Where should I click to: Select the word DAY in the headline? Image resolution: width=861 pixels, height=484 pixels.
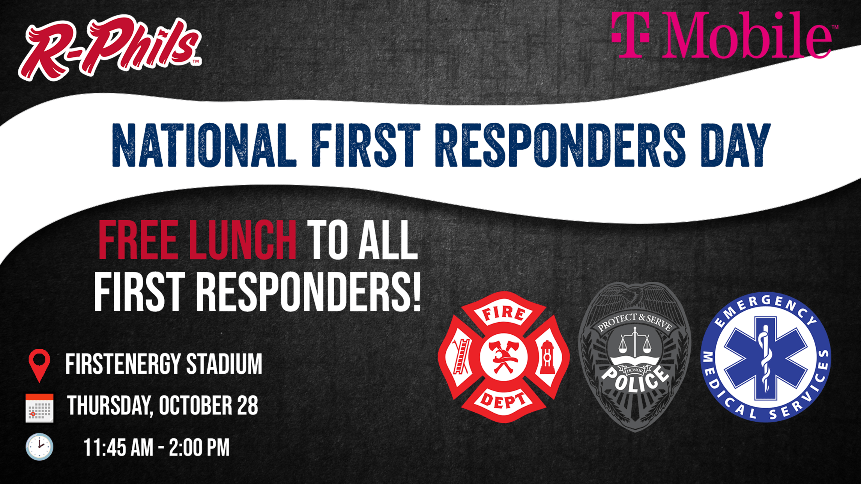[x=735, y=145]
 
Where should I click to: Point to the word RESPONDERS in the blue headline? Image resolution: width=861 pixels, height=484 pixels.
[x=560, y=145]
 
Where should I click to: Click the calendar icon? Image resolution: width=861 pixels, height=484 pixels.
[x=39, y=408]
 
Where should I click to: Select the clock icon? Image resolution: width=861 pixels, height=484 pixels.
[x=39, y=447]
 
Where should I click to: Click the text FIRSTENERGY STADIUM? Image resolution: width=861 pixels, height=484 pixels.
[x=164, y=364]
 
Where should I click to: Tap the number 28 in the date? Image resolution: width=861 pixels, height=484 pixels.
[x=248, y=405]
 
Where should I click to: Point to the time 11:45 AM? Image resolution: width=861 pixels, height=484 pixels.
[x=118, y=447]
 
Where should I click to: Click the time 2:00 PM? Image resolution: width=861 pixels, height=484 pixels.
[x=199, y=447]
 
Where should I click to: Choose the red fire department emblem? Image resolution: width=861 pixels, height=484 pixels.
[x=504, y=357]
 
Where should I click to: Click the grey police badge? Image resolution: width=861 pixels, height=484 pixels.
[x=635, y=357]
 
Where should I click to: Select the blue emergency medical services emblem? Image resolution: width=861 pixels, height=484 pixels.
[x=766, y=357]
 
